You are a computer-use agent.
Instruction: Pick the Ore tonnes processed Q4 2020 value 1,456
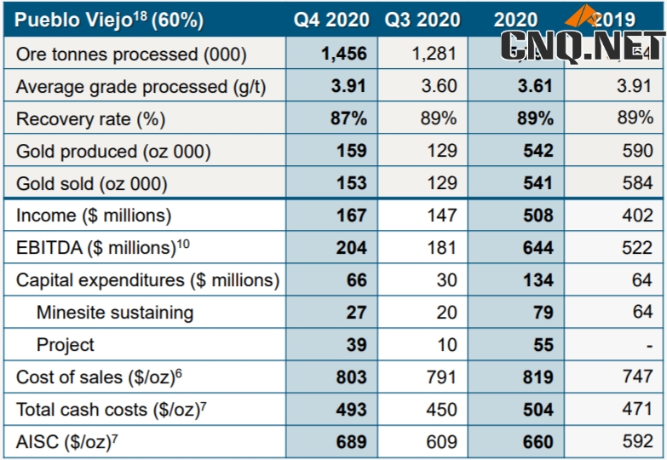(x=343, y=54)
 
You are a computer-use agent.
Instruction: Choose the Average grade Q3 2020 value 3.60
(x=438, y=86)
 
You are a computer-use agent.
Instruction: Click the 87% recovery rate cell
(x=348, y=118)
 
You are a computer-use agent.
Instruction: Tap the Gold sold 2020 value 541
(x=537, y=183)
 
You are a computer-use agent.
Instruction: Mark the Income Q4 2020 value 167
(x=351, y=216)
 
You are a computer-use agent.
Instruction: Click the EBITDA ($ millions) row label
(x=96, y=248)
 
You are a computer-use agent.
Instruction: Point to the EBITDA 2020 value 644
(x=537, y=248)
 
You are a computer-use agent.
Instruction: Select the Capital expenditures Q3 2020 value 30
(x=446, y=280)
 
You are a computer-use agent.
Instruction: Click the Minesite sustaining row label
(x=115, y=313)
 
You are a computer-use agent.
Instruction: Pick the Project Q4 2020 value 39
(x=356, y=345)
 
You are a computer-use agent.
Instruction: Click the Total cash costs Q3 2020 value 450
(x=440, y=410)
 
